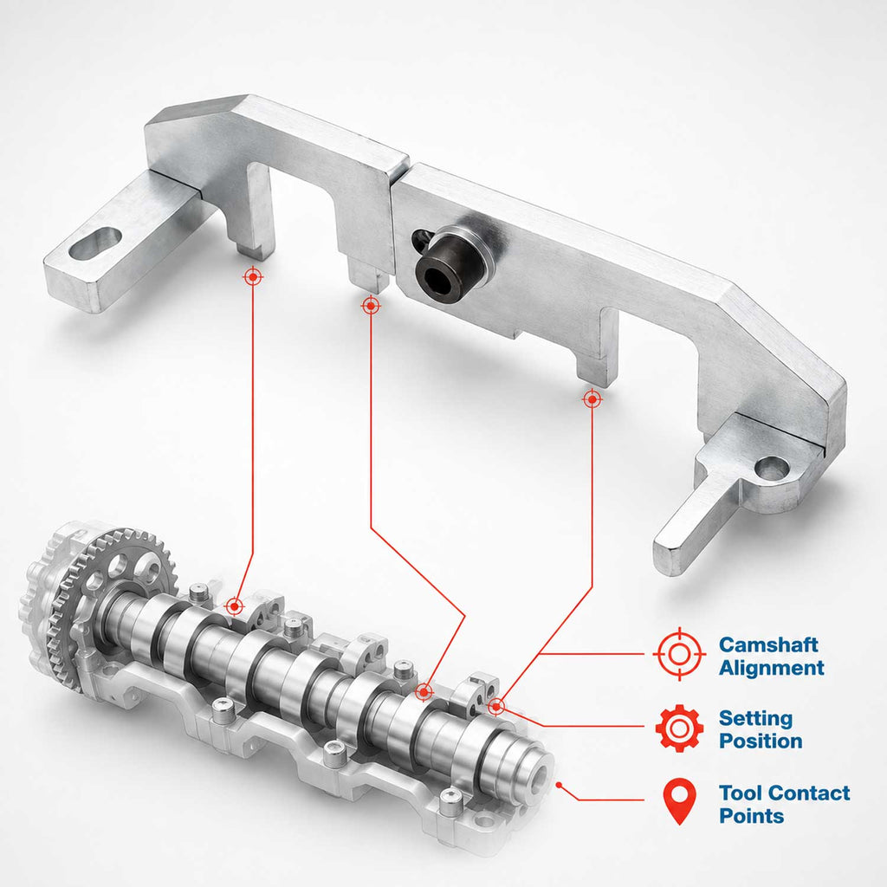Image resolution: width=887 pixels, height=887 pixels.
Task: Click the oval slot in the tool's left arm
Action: pyautogui.click(x=96, y=243)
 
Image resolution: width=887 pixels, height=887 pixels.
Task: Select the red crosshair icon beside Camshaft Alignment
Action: pyautogui.click(x=679, y=654)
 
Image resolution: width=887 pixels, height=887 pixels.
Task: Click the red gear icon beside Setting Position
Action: pyautogui.click(x=679, y=728)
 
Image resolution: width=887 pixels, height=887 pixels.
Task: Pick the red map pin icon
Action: pyautogui.click(x=679, y=801)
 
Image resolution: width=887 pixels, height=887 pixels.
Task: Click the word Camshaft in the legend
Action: pyautogui.click(x=768, y=644)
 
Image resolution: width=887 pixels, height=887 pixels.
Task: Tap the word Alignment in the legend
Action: pyautogui.click(x=772, y=668)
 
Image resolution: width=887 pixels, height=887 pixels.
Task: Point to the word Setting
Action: pyautogui.click(x=755, y=718)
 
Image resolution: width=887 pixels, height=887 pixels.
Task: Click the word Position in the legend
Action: pyautogui.click(x=761, y=741)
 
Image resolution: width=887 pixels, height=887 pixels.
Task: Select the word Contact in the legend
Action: pyautogui.click(x=810, y=793)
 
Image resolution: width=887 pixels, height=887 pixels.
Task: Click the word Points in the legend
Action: pyautogui.click(x=751, y=816)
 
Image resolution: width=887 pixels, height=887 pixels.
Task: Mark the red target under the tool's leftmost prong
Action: pyautogui.click(x=253, y=276)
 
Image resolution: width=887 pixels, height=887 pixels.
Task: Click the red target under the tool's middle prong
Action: pyautogui.click(x=371, y=306)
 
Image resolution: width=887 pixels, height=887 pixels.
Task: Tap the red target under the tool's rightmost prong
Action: pyautogui.click(x=592, y=399)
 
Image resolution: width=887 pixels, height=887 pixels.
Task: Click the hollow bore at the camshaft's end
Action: pyautogui.click(x=536, y=775)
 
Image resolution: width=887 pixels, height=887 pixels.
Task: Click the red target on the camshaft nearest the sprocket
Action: pyautogui.click(x=234, y=606)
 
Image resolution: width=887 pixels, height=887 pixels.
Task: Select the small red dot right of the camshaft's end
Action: pyautogui.click(x=559, y=785)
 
